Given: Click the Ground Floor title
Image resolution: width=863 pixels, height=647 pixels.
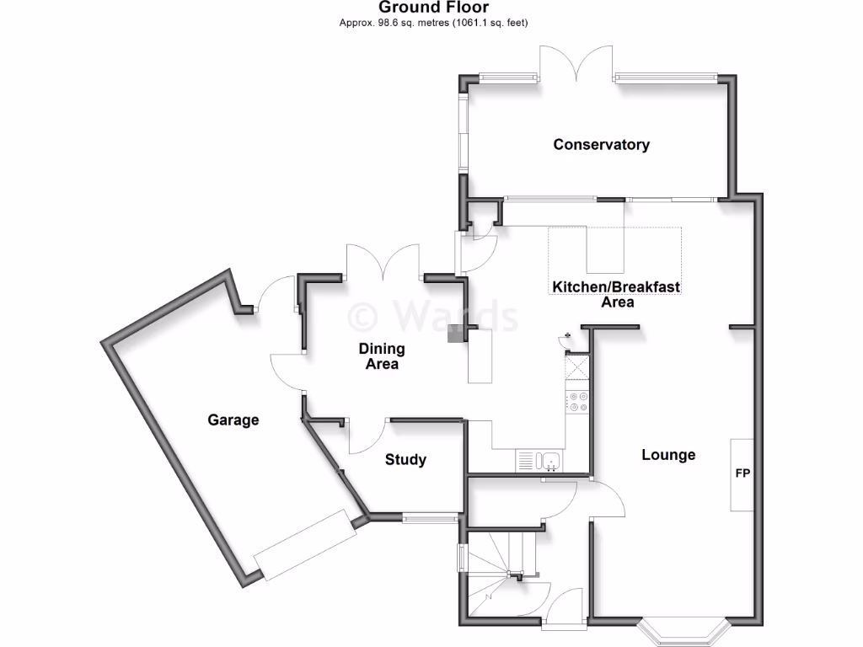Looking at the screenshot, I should click(x=433, y=8).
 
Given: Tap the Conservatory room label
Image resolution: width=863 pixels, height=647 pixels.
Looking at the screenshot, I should click(x=601, y=144).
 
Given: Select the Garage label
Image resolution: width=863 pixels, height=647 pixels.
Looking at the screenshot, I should click(x=233, y=420).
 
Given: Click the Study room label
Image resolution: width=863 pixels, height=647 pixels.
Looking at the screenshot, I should click(x=405, y=460).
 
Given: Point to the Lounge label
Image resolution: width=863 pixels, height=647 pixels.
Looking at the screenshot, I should click(x=668, y=455).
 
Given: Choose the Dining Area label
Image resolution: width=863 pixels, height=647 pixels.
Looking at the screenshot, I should click(x=382, y=356).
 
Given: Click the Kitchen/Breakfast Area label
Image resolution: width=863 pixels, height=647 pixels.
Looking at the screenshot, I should click(x=616, y=294).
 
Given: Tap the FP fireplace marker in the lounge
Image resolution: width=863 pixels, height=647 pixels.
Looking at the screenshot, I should click(x=742, y=474).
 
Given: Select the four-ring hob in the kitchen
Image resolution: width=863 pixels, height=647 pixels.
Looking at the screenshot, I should click(x=577, y=401).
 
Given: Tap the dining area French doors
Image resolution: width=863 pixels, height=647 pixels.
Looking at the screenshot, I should click(x=383, y=263).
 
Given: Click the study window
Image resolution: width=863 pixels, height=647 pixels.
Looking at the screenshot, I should click(x=430, y=517).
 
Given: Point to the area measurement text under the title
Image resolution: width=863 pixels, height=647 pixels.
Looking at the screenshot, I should click(x=433, y=23).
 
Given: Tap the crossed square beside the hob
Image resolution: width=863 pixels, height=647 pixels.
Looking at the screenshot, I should click(x=577, y=367).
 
